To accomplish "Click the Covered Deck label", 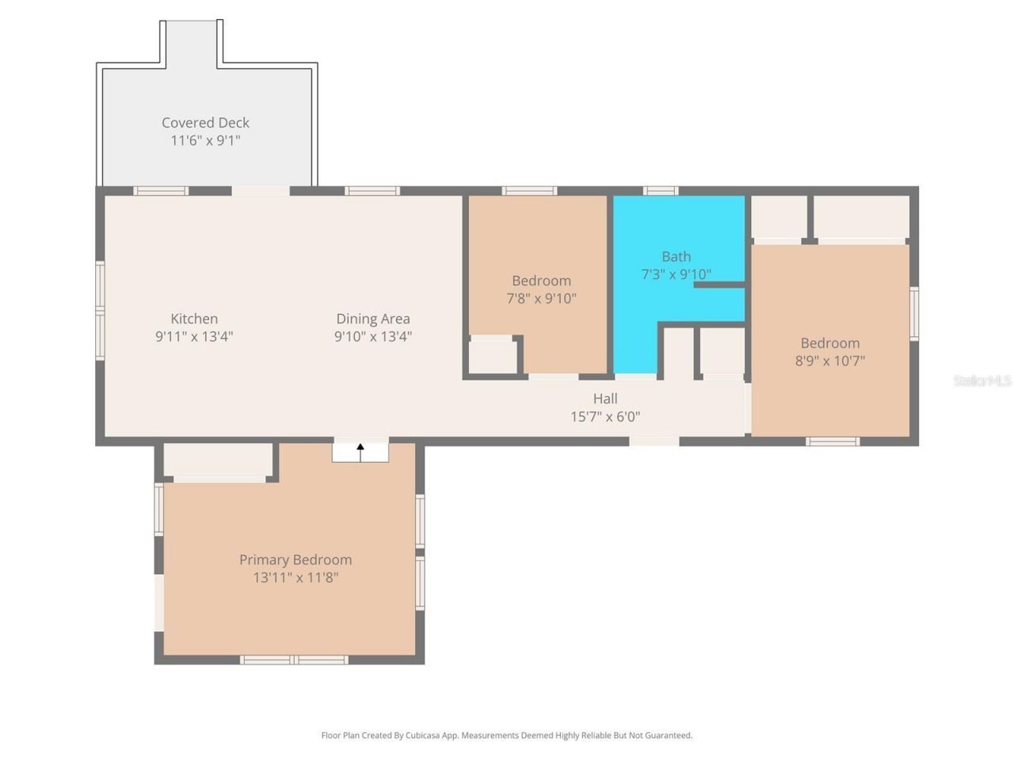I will tap(205, 123).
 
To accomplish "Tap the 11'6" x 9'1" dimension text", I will tap(205, 140).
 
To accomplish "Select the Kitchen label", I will tap(194, 319).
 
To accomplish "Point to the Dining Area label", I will tap(373, 319).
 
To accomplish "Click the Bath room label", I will tap(676, 257).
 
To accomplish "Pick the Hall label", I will tap(605, 399).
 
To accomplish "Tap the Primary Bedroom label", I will tap(295, 560).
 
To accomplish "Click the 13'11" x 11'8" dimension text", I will tap(295, 578).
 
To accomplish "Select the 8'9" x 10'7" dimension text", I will tap(829, 361).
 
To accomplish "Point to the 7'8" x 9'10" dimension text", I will tap(541, 299).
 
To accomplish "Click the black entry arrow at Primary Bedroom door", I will tap(360, 452).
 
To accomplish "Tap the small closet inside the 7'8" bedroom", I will tap(492, 357).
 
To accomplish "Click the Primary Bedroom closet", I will tap(218, 460).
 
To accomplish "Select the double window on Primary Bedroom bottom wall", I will tap(294, 660).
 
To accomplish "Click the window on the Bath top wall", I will tap(660, 191).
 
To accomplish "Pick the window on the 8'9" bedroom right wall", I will tap(914, 314).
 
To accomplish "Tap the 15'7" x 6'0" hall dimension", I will tap(605, 417).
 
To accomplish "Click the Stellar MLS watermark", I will tap(982, 381).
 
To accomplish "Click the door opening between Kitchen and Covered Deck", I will tap(261, 191).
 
